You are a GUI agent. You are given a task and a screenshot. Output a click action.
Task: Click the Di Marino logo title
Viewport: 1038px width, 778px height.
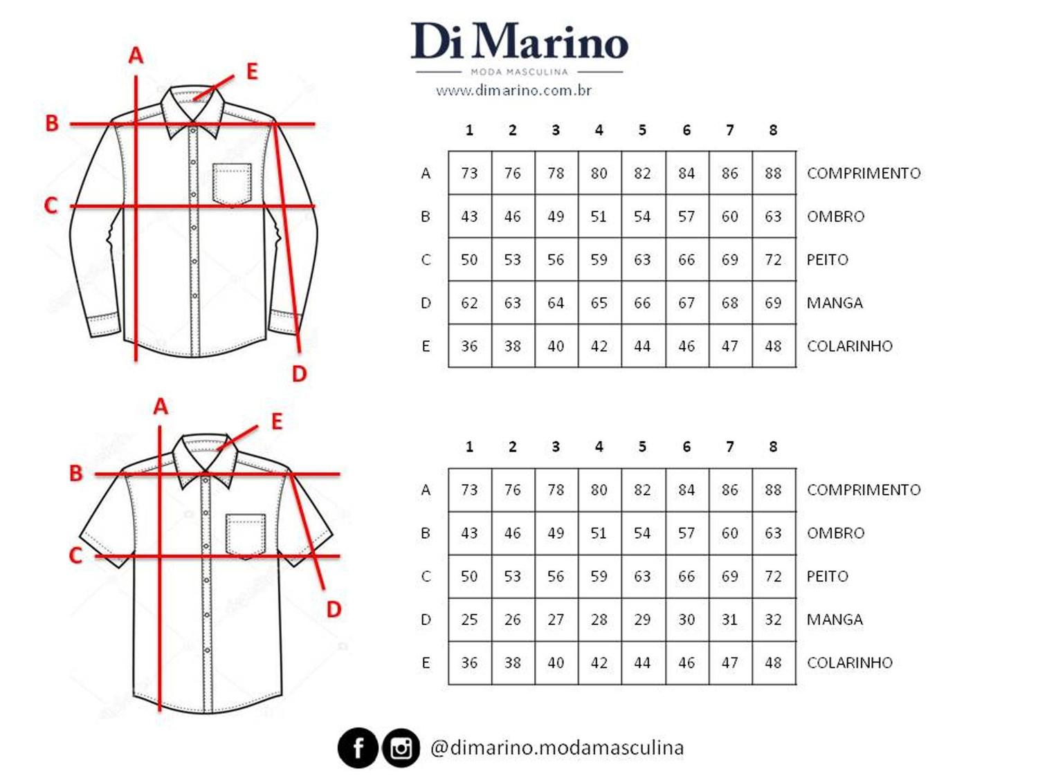click(x=519, y=41)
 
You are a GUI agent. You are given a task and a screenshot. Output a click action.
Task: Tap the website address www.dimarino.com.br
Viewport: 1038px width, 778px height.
click(x=513, y=91)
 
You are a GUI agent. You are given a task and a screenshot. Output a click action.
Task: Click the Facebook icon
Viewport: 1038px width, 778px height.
click(x=358, y=748)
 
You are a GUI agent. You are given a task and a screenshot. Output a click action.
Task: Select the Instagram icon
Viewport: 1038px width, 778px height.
click(x=401, y=748)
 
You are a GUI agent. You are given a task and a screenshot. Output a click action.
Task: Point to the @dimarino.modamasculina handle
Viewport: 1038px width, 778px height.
click(x=557, y=748)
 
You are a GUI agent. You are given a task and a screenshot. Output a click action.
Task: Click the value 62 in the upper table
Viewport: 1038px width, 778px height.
click(x=469, y=303)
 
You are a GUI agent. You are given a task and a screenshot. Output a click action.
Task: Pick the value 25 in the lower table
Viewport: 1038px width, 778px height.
click(x=469, y=620)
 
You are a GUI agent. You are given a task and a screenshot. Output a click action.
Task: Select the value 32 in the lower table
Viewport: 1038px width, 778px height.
click(x=773, y=620)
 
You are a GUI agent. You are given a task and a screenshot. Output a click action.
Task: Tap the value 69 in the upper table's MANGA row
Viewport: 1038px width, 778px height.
click(x=773, y=303)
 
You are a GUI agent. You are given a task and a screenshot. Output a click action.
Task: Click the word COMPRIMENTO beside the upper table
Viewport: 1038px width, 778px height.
click(x=864, y=174)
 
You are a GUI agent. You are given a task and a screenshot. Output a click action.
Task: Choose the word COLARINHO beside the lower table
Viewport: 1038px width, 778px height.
click(x=850, y=663)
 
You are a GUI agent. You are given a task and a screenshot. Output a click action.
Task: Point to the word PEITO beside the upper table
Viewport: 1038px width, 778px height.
click(x=827, y=260)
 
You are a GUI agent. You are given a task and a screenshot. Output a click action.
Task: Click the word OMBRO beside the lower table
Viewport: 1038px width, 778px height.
click(x=835, y=533)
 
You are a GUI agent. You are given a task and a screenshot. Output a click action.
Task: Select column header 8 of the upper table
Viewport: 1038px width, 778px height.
click(x=773, y=130)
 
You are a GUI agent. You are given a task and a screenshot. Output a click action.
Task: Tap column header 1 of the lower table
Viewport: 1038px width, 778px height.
click(x=469, y=447)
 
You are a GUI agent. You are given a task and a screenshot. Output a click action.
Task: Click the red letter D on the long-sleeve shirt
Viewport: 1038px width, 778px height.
click(x=299, y=374)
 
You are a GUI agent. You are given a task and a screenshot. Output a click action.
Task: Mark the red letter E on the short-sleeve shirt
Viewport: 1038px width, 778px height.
click(x=277, y=421)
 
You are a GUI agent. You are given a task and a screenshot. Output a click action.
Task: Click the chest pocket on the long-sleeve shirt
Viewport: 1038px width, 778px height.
click(x=232, y=183)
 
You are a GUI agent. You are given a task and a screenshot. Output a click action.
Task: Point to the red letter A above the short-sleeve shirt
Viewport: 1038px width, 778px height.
click(x=161, y=407)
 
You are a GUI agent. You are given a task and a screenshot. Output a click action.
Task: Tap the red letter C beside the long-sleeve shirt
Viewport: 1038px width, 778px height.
click(x=51, y=205)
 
